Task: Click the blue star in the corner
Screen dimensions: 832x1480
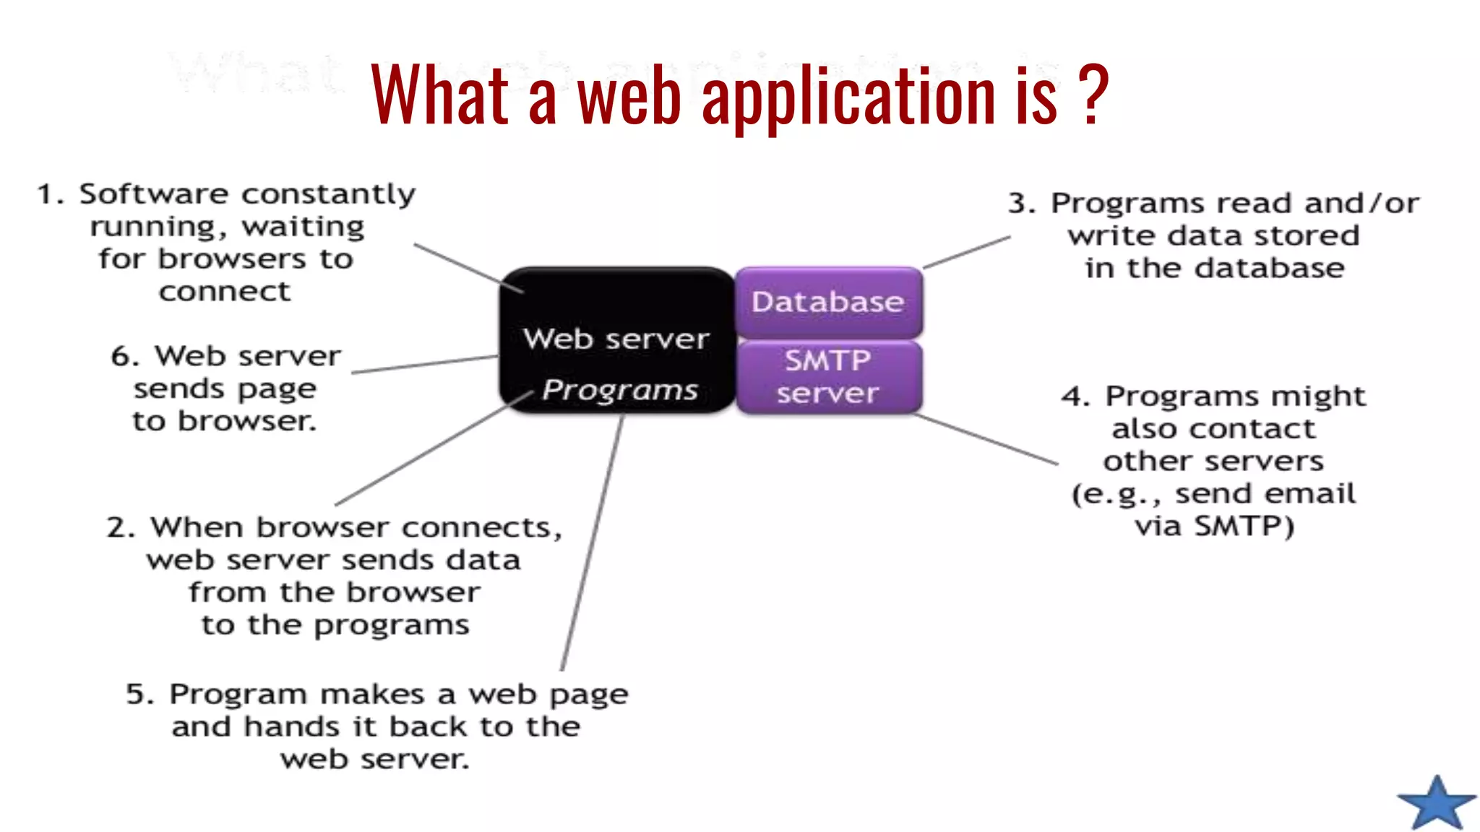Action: pos(1437,803)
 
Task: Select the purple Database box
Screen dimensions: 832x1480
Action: pos(828,302)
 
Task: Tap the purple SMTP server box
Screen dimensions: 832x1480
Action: pos(828,377)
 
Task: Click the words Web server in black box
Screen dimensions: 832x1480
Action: pos(616,339)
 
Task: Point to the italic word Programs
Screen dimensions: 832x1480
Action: pos(620,390)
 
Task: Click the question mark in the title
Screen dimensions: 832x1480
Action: pos(1092,94)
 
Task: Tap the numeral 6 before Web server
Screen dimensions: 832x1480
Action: pos(123,356)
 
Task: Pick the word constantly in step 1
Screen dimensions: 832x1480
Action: pos(328,194)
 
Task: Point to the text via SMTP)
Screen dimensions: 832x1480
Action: pos(1214,526)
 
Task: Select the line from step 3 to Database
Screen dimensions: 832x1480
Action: pos(967,252)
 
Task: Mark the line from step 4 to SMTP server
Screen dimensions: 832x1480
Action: pos(986,439)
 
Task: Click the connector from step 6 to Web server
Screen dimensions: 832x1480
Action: pos(425,365)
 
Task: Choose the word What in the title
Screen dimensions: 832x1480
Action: pos(440,94)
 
